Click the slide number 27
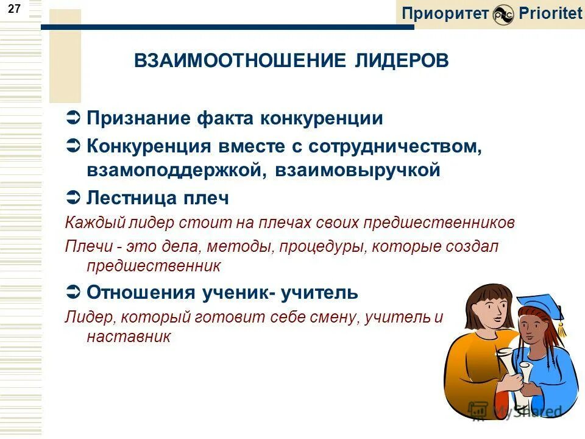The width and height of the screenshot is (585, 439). pyautogui.click(x=15, y=9)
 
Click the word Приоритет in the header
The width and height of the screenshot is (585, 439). pyautogui.click(x=445, y=13)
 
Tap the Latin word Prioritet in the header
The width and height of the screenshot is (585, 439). pyautogui.click(x=551, y=13)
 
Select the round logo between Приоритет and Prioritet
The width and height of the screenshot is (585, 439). pyautogui.click(x=504, y=15)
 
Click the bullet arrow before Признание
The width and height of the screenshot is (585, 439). pyautogui.click(x=72, y=118)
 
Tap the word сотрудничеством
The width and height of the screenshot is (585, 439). pyautogui.click(x=395, y=147)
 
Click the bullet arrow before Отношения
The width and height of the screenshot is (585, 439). pyautogui.click(x=72, y=293)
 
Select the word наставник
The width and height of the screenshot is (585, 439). pyautogui.click(x=129, y=336)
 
